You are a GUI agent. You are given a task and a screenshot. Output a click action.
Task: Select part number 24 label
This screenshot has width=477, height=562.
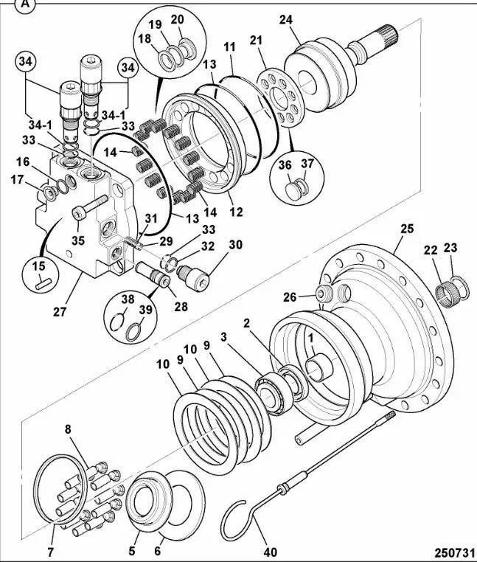[285, 20]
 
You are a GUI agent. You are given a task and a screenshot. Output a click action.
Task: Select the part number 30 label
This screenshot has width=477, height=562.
[234, 245]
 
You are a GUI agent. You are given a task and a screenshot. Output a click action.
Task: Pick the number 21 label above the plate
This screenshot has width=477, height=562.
[256, 41]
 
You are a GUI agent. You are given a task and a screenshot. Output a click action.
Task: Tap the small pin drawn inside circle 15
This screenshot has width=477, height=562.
[43, 282]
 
